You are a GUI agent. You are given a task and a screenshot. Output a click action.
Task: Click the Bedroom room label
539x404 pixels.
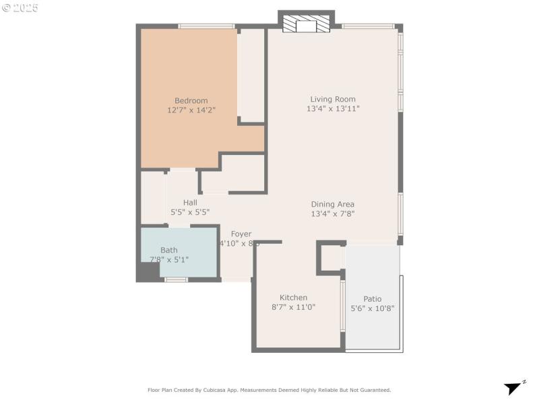coord(191,101)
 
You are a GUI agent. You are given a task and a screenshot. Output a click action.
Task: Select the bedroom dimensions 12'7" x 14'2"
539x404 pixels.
coord(191,110)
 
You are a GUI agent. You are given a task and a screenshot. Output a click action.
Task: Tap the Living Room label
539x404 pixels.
coord(333,100)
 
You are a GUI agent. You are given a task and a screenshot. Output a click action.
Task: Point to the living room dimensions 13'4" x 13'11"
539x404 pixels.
coord(333,108)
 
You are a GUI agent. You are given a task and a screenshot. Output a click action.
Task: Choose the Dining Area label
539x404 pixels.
coord(332,205)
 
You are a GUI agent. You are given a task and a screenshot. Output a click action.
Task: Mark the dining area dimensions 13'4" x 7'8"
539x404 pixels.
coord(332,213)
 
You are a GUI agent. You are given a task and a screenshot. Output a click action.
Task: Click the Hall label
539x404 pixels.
coord(190,203)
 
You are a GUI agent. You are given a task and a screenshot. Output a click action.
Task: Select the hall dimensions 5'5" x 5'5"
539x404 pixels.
coord(190,211)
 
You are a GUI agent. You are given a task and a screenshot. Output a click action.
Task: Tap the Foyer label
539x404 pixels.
coord(241,234)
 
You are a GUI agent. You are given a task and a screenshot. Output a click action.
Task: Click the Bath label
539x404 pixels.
coord(169,250)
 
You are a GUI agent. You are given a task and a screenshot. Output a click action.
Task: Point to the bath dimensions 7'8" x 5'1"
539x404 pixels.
coord(169,259)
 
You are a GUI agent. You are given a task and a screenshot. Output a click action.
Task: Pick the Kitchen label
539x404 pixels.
coord(294,298)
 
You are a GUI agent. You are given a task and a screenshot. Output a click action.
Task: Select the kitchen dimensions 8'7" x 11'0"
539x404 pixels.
coord(294,306)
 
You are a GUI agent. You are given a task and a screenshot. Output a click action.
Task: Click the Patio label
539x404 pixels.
coord(373,299)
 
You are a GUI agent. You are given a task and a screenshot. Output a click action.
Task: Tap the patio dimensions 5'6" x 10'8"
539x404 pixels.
coord(373,308)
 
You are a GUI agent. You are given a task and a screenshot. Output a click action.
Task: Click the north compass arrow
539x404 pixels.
coord(514,388)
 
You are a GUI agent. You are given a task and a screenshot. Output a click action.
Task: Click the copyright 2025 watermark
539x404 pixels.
coord(20,8)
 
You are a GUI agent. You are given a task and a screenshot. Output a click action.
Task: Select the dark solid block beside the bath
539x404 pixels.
coord(148,272)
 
